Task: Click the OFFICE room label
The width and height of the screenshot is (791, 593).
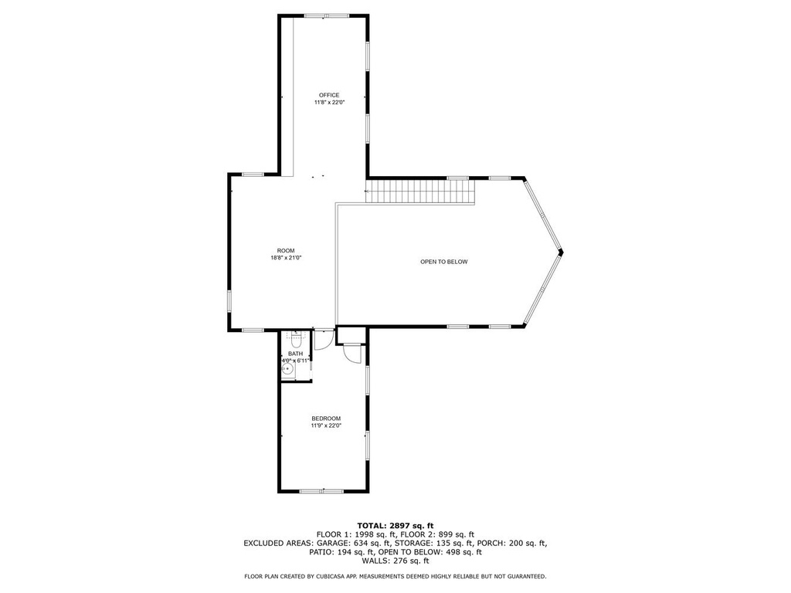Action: (329, 95)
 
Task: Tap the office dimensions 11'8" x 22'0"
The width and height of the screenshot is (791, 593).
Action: (329, 103)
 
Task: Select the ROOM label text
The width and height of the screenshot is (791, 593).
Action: (286, 251)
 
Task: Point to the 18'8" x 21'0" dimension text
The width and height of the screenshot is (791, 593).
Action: (286, 258)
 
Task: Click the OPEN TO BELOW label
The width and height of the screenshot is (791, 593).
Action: (444, 262)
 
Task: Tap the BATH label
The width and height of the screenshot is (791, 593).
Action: (296, 354)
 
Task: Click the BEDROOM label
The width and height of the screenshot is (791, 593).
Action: (326, 418)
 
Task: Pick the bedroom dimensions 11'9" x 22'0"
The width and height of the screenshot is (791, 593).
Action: (327, 425)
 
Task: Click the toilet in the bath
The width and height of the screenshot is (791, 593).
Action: (296, 337)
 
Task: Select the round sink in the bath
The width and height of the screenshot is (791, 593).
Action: (287, 371)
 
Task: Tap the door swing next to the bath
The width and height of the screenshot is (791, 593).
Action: (324, 339)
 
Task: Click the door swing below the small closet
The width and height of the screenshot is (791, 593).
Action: (352, 352)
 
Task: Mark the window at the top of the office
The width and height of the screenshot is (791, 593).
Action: (327, 16)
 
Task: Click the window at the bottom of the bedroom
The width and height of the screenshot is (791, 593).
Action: (321, 490)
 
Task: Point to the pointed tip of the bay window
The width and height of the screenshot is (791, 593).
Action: (562, 252)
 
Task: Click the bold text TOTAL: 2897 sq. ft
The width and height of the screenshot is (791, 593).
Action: (395, 525)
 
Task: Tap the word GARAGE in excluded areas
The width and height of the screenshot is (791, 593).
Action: (334, 543)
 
